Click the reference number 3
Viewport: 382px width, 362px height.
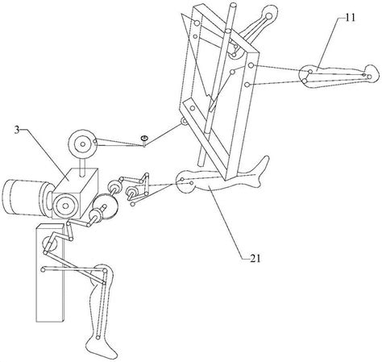point(17,131)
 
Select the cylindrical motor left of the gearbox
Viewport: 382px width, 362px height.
point(27,198)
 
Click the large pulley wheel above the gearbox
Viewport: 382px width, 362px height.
point(83,144)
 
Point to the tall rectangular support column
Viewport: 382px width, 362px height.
point(50,272)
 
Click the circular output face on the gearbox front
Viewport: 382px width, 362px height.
point(65,206)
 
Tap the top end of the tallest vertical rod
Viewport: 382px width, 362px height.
point(232,6)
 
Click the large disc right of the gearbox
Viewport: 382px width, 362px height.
point(106,207)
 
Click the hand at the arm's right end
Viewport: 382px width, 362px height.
point(372,74)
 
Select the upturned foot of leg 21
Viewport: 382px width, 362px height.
point(260,169)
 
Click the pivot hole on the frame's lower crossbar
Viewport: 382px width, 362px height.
point(193,108)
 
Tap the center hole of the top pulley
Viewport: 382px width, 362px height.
point(83,144)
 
